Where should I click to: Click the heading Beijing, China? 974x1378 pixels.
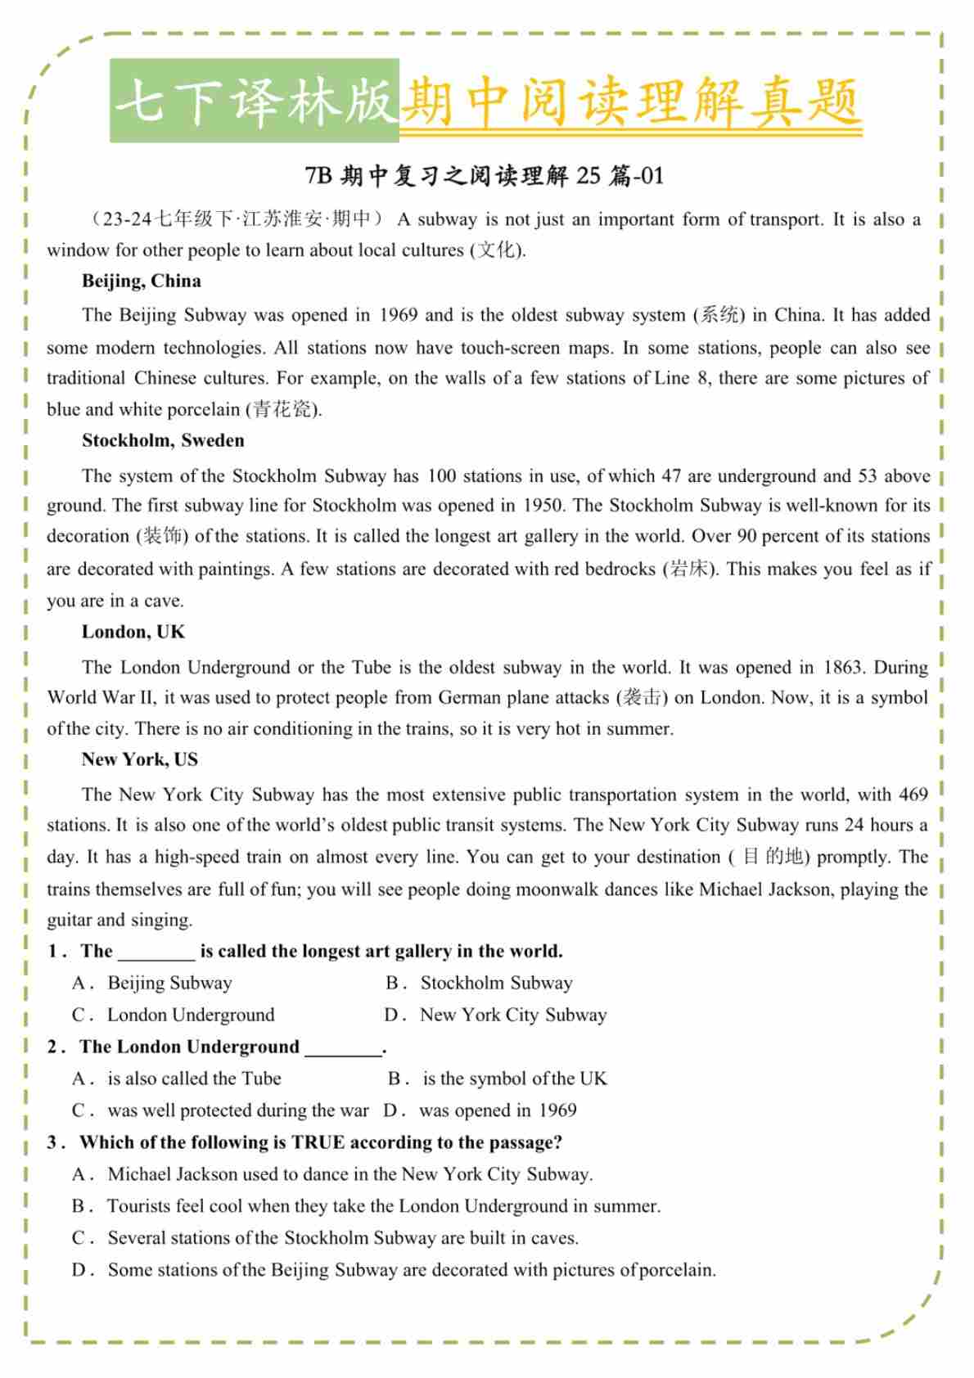tap(141, 281)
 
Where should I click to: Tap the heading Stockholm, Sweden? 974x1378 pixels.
tap(163, 440)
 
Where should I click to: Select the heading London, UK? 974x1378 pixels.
tap(133, 632)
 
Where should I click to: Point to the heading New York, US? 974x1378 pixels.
tap(139, 759)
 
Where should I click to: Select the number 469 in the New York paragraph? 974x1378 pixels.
tap(913, 794)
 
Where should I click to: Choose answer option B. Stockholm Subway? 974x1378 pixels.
tap(495, 983)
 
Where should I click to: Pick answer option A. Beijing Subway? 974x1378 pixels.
tap(169, 983)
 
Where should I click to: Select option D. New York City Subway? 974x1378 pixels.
tap(512, 1015)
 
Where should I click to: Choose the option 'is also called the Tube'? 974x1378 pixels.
tap(193, 1079)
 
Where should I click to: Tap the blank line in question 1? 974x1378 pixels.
tap(156, 952)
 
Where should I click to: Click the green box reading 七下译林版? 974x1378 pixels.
tap(255, 101)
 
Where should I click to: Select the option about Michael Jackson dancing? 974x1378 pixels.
tap(349, 1174)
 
